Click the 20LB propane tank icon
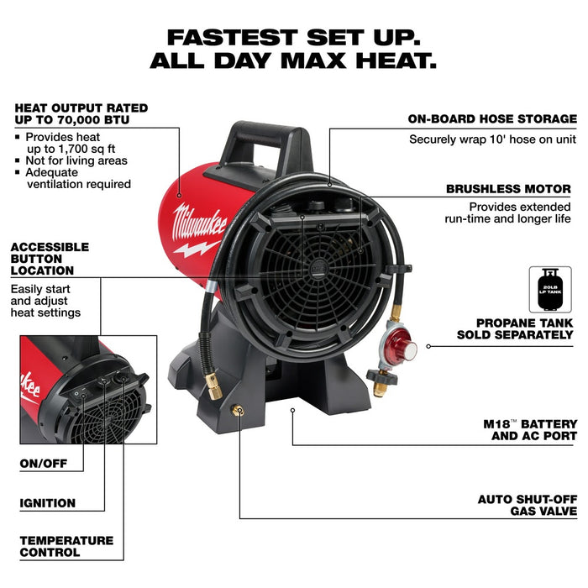pos(549,290)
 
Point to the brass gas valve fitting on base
pos(239,409)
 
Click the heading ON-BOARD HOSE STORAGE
pos(492,119)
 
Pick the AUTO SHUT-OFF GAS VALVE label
pos(528,504)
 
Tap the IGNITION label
pos(48,503)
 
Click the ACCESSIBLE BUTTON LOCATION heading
pos(50,259)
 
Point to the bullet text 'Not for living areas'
pos(76,160)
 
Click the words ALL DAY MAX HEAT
pos(293,61)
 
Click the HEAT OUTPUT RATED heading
pos(81,113)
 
